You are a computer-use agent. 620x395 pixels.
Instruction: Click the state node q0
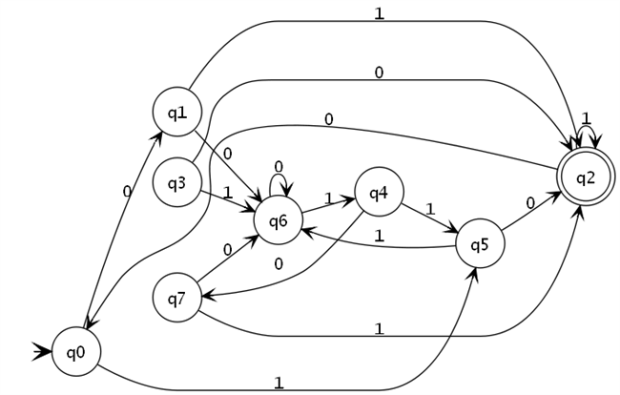(x=76, y=351)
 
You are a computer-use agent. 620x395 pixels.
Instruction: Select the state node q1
(x=176, y=112)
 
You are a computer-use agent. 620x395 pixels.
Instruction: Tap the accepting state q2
(x=586, y=177)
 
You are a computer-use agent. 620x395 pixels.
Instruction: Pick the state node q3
(x=176, y=182)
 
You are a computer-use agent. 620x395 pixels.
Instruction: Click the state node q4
(x=379, y=192)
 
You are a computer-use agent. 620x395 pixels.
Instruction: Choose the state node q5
(x=480, y=243)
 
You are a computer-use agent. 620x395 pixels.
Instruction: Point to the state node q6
(x=278, y=220)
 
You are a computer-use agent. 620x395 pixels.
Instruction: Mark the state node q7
(x=176, y=298)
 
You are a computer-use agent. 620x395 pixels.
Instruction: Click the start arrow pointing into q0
(x=42, y=351)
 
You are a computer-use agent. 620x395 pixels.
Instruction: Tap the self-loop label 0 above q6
(x=279, y=167)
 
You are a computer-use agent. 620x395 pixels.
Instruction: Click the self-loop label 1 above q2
(x=587, y=117)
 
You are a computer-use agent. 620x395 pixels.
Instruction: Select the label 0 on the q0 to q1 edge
(x=127, y=192)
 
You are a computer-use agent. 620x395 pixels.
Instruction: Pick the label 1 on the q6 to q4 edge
(x=328, y=198)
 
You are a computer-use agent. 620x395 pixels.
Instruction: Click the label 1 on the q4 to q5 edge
(x=430, y=209)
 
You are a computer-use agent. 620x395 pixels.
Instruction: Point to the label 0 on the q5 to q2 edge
(x=530, y=203)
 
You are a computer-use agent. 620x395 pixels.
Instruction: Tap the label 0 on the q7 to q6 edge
(x=227, y=249)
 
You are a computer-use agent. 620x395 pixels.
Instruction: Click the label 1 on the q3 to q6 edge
(x=227, y=193)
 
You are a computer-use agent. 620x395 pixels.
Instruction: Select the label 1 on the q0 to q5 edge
(x=279, y=383)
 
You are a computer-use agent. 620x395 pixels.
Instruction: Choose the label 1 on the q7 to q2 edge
(x=379, y=328)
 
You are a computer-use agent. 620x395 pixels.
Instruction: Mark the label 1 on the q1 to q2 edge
(x=379, y=13)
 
